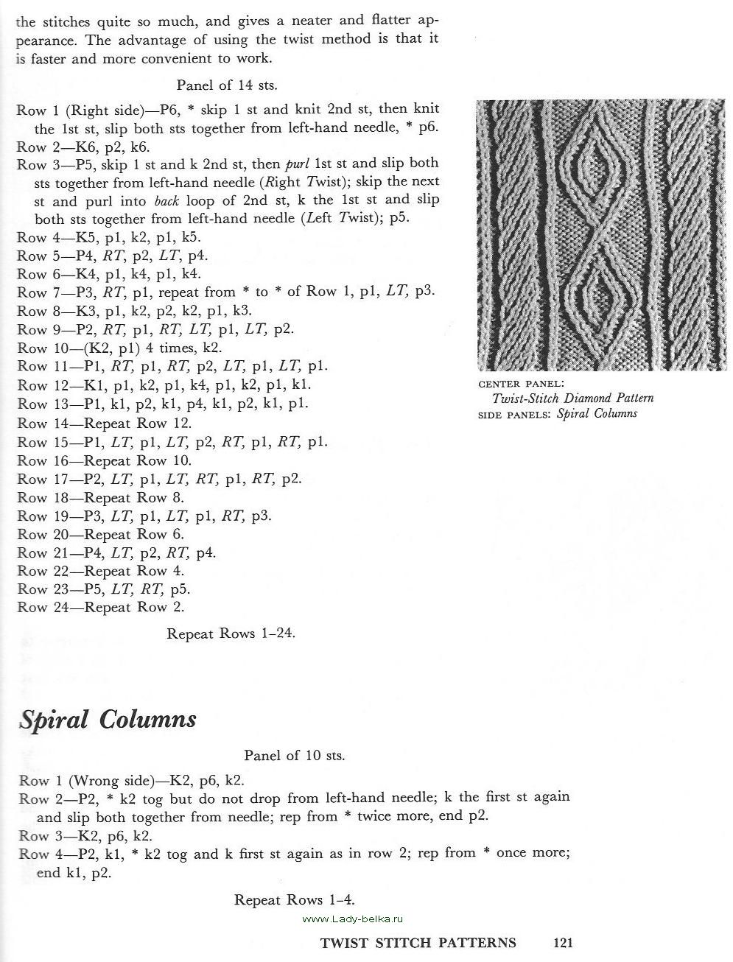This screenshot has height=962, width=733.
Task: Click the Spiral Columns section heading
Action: click(108, 719)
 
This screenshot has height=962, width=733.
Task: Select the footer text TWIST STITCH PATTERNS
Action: click(418, 942)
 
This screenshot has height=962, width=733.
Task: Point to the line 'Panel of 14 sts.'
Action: click(226, 85)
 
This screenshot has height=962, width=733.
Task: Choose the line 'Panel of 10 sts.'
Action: click(294, 755)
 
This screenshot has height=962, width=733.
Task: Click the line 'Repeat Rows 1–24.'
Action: click(231, 633)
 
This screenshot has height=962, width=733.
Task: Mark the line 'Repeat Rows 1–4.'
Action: click(294, 899)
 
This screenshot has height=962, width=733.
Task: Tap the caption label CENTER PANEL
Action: click(521, 384)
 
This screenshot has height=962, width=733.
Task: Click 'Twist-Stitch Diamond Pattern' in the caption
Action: click(572, 399)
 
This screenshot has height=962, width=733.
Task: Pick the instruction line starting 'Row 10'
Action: click(119, 348)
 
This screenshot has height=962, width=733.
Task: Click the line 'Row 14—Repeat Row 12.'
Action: click(104, 423)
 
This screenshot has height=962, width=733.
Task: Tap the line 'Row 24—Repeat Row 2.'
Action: click(100, 607)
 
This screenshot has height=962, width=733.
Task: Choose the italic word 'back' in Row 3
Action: click(167, 200)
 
